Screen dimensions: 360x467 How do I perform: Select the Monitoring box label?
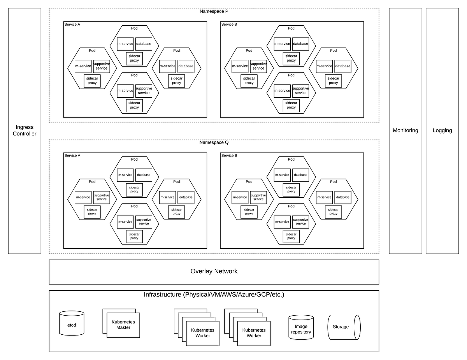(x=406, y=130)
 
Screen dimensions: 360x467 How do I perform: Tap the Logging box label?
(x=442, y=130)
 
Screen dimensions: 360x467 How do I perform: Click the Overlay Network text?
(x=214, y=271)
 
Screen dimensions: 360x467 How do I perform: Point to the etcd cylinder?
(x=72, y=324)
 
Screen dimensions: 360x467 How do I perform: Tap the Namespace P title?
(x=214, y=11)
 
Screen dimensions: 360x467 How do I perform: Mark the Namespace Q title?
(x=214, y=142)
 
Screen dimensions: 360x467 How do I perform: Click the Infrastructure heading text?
(x=214, y=294)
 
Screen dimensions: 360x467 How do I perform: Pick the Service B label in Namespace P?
(x=229, y=25)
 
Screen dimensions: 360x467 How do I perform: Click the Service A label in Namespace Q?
(x=72, y=156)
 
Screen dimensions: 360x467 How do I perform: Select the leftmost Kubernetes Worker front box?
(x=203, y=333)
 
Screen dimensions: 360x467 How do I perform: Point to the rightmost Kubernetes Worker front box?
(x=254, y=333)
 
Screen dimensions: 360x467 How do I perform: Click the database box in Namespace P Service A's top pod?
(x=144, y=44)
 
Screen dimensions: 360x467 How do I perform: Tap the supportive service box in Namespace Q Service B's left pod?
(x=258, y=197)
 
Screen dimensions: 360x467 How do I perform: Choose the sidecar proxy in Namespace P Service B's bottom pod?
(x=291, y=105)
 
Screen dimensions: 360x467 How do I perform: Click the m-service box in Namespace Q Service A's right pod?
(x=167, y=197)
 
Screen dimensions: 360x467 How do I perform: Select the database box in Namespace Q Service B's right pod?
(x=343, y=197)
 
